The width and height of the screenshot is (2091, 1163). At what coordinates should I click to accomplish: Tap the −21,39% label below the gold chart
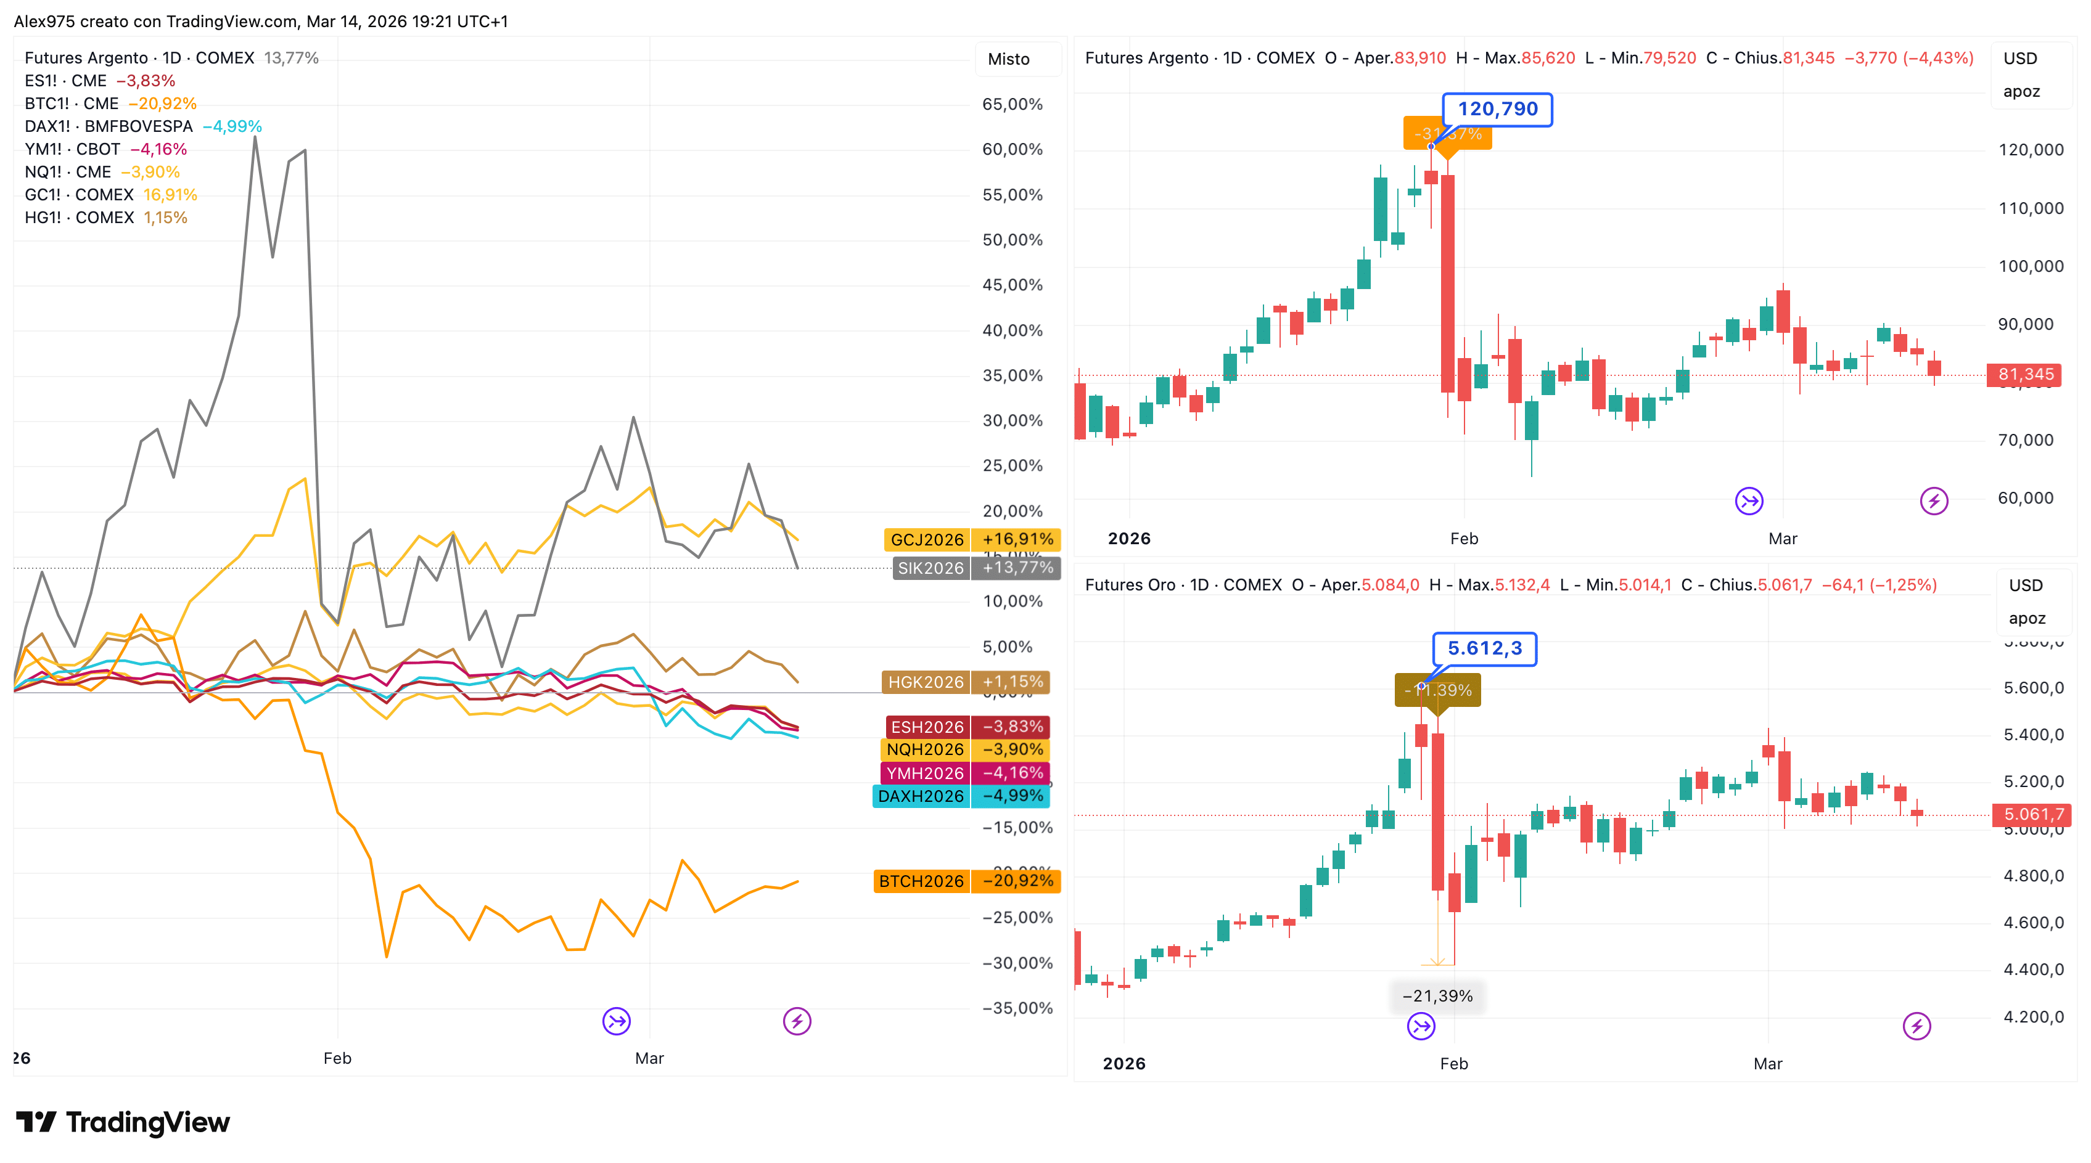tap(1437, 996)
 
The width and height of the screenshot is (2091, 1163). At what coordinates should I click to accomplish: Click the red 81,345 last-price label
tap(2025, 374)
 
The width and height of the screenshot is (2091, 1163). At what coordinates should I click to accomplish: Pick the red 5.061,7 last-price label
tap(2032, 814)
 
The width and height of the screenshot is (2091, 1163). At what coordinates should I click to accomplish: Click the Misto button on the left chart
tap(1008, 59)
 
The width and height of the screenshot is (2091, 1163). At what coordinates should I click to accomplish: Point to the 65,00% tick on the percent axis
tap(1013, 105)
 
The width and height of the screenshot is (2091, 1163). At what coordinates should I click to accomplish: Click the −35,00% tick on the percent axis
tap(1017, 1008)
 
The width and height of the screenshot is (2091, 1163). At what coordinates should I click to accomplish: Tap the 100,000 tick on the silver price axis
tap(2030, 266)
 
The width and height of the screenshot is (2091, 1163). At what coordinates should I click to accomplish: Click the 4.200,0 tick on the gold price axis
tap(2034, 1017)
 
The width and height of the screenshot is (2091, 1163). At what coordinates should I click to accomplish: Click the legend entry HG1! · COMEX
tap(79, 218)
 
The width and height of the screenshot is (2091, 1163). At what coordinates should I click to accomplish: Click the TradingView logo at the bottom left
tap(123, 1122)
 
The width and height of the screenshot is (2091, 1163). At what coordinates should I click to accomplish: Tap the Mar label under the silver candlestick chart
tap(1783, 539)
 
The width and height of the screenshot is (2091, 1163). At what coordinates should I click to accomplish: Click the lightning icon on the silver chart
tap(1934, 500)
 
